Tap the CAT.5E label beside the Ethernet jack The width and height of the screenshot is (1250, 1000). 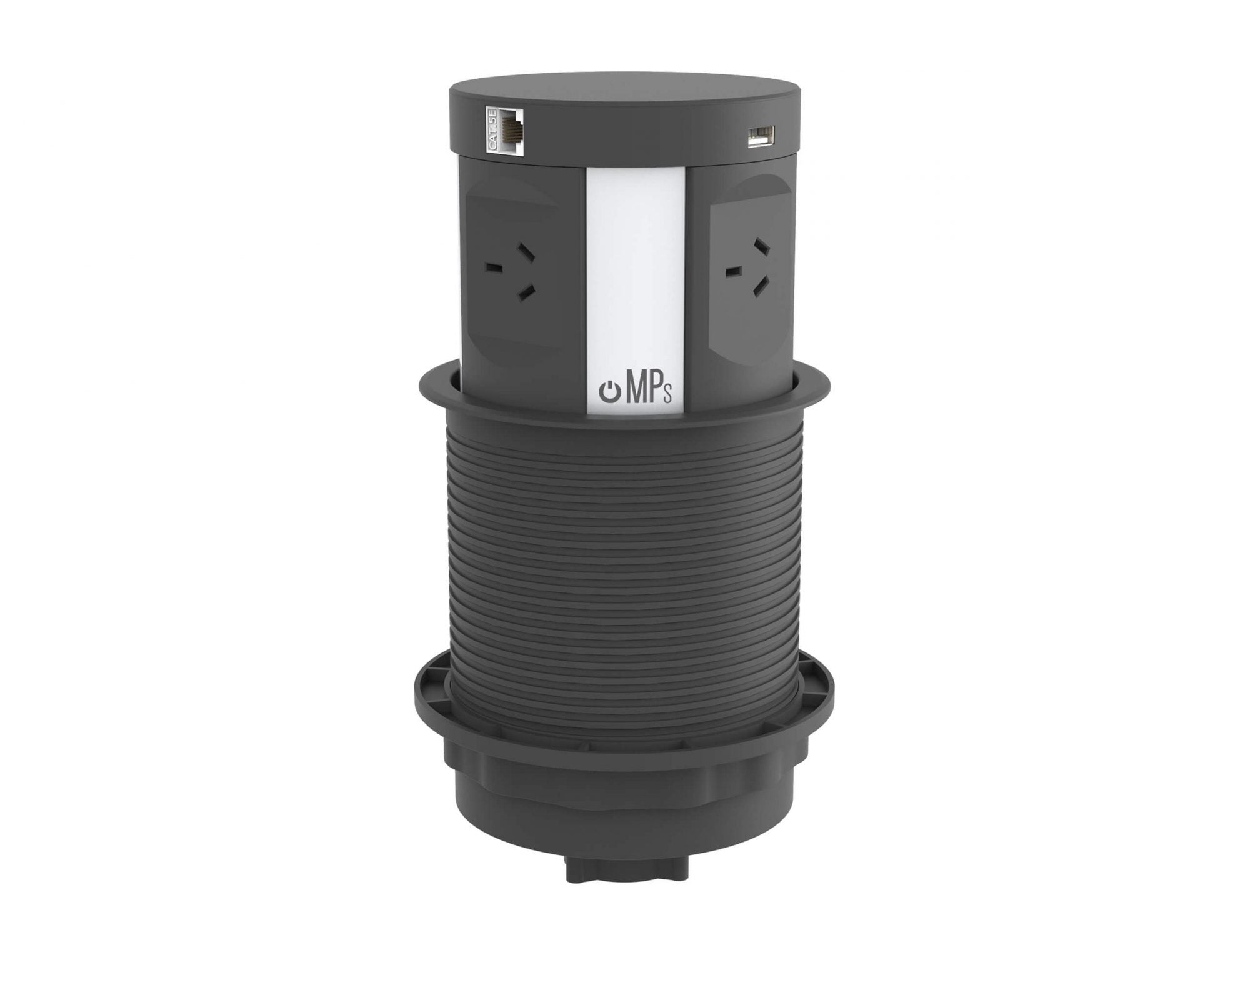(x=491, y=129)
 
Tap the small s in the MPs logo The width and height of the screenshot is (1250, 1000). (x=668, y=396)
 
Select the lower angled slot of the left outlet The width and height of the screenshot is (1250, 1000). (x=527, y=289)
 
